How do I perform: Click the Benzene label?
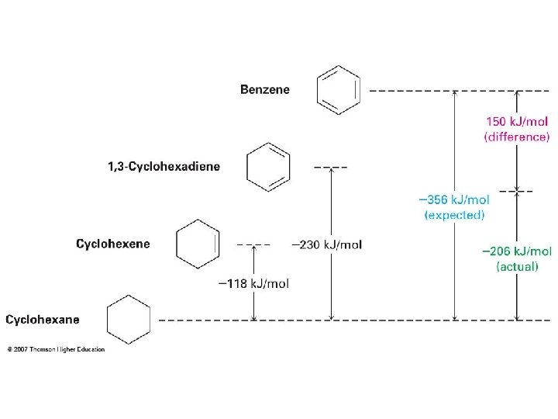click(x=264, y=89)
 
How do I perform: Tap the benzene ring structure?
click(x=339, y=90)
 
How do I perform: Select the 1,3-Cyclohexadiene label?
click(x=164, y=166)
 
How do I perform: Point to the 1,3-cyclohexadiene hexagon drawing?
click(x=268, y=166)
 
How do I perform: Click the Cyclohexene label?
click(x=113, y=244)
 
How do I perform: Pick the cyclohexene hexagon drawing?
click(x=198, y=244)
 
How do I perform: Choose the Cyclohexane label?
click(x=43, y=319)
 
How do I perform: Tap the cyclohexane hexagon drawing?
click(x=128, y=319)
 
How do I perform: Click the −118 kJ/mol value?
click(x=253, y=283)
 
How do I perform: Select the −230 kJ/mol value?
click(x=326, y=244)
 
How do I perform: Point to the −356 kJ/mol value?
click(x=454, y=199)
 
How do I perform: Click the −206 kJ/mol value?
click(x=517, y=251)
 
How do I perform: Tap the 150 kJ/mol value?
click(x=517, y=122)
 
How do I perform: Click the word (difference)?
click(x=517, y=137)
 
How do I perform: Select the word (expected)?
click(x=454, y=214)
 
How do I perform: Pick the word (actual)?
click(x=517, y=266)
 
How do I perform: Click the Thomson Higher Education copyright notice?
click(x=56, y=349)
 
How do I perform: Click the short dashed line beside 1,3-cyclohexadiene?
click(x=331, y=167)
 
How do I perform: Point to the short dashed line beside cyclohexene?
click(x=253, y=244)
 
